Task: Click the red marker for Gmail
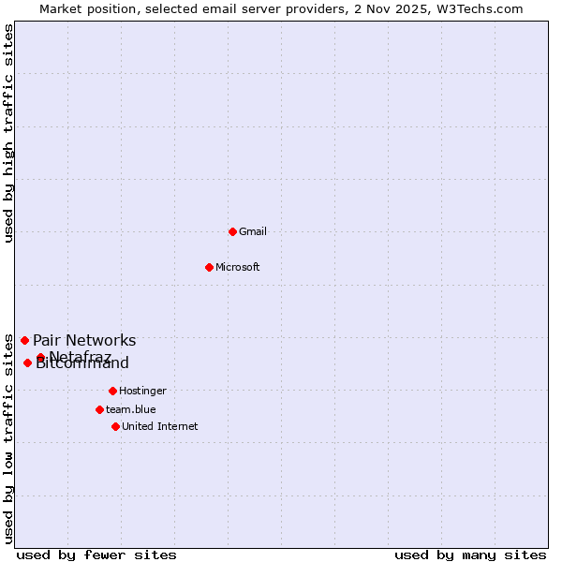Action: pos(232,231)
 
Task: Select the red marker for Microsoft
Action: pos(210,267)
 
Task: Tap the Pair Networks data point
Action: pos(24,340)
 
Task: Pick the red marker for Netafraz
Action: pos(40,357)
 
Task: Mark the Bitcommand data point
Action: pos(27,362)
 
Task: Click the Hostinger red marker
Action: pos(112,391)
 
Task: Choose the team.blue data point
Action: pos(99,409)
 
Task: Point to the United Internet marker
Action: pos(115,426)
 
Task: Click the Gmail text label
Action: pos(253,231)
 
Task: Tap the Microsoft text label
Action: pos(238,267)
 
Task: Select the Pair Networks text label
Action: pos(84,341)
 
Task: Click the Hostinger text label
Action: pos(142,391)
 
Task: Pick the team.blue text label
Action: pos(131,409)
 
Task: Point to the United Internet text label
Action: pos(160,426)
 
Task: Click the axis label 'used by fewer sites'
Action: pos(96,555)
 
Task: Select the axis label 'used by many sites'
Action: pos(470,555)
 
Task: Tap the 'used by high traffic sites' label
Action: pos(8,133)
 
